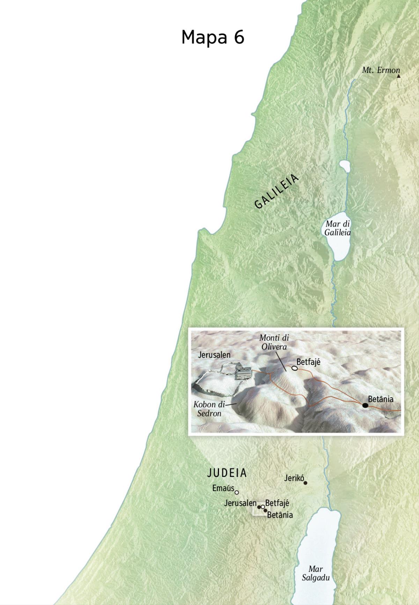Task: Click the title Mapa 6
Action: click(x=213, y=37)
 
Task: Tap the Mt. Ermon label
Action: click(x=381, y=70)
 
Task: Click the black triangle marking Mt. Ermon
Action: click(x=398, y=76)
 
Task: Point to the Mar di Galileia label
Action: click(x=337, y=228)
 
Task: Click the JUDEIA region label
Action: click(x=227, y=473)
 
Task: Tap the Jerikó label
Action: click(x=294, y=478)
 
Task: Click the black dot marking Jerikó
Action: click(x=306, y=483)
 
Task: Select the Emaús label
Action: click(x=223, y=488)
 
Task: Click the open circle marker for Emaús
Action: click(x=237, y=493)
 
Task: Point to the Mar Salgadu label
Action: click(x=316, y=573)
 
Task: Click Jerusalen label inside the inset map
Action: click(x=214, y=355)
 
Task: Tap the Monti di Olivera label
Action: click(x=274, y=342)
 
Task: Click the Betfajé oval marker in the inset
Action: click(x=295, y=368)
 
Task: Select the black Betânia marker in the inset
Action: click(x=365, y=405)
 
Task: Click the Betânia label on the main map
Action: click(x=280, y=515)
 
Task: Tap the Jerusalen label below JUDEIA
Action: click(x=240, y=503)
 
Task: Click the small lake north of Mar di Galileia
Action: click(x=345, y=167)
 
